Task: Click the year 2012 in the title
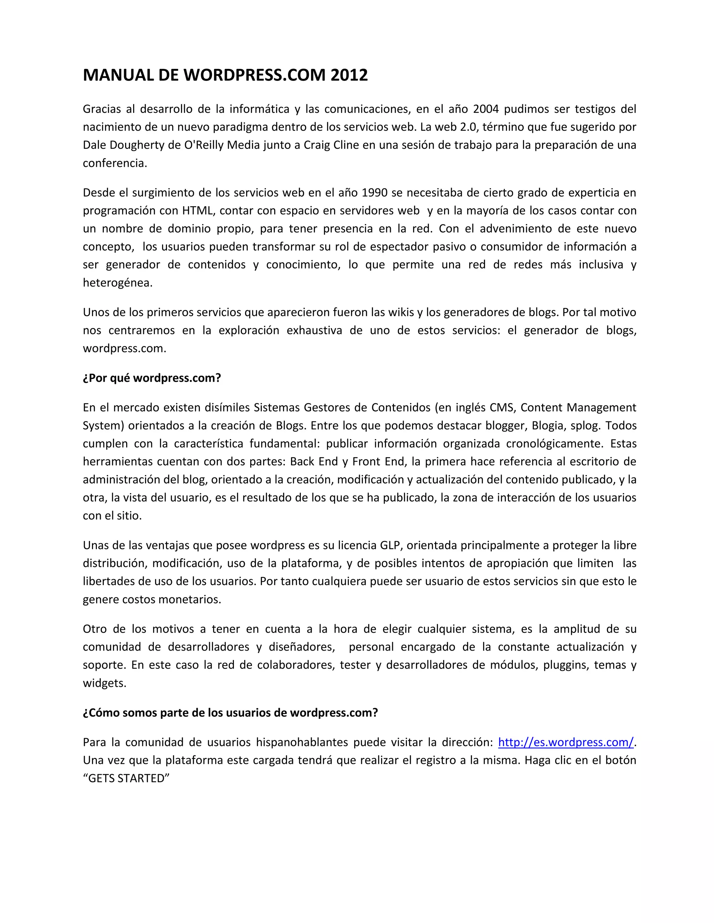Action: point(349,75)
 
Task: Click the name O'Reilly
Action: point(204,145)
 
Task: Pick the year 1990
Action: point(375,193)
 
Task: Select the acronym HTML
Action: point(199,210)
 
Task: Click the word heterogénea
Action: point(117,283)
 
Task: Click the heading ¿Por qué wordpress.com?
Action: point(152,378)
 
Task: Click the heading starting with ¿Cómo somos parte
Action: point(230,713)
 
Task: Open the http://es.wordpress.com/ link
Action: point(565,743)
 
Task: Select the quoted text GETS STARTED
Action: point(126,778)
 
